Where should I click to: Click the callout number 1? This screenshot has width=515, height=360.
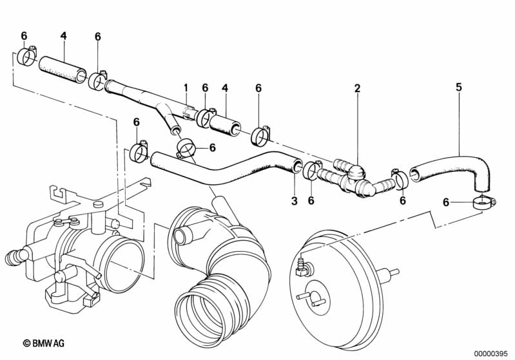(186, 88)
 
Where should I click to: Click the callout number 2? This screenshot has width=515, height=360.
(357, 88)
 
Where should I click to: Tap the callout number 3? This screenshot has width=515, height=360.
(295, 200)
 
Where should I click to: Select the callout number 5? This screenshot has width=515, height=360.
(458, 88)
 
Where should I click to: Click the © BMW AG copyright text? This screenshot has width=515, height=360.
(44, 343)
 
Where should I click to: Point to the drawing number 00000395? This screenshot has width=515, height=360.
(491, 354)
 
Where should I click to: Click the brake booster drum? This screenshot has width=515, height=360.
(338, 288)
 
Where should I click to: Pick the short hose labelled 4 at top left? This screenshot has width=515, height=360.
(63, 70)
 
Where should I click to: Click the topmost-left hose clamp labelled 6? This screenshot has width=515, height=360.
(27, 56)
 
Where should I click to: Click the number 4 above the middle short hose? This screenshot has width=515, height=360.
(225, 88)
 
